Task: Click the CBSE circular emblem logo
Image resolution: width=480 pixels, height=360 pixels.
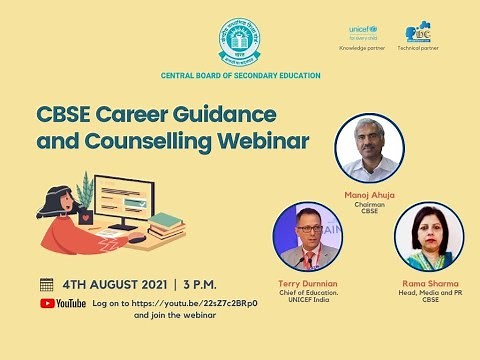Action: (240, 41)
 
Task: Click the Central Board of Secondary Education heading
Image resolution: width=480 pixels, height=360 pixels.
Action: (240, 75)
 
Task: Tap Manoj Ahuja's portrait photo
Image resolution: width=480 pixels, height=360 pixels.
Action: (369, 148)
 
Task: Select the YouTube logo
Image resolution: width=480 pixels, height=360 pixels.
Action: (63, 303)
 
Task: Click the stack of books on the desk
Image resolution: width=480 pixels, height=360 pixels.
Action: (166, 227)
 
